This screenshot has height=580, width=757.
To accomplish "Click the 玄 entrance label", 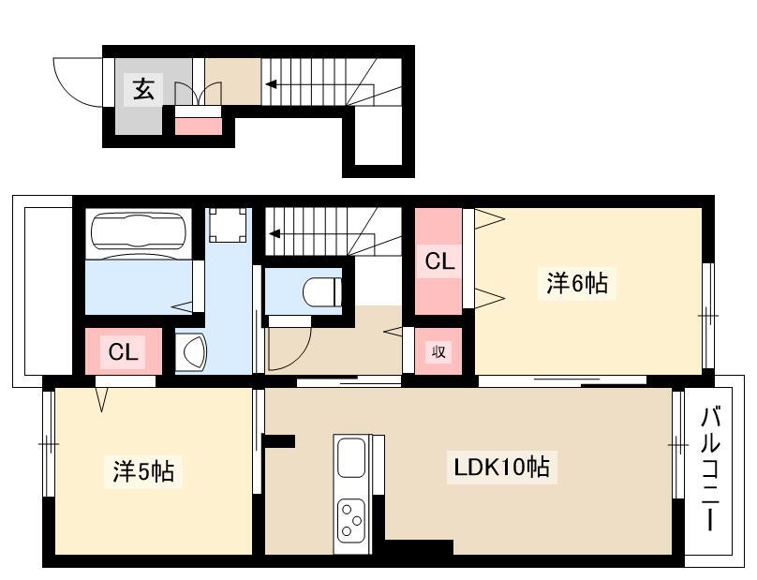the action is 143,89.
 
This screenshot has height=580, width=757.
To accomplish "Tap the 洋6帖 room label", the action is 577,283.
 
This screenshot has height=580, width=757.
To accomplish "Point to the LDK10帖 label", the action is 501,467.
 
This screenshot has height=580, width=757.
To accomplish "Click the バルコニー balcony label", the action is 710,468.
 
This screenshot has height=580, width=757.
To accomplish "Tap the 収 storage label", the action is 438,351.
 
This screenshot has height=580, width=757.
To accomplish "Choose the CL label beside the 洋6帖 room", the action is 439,261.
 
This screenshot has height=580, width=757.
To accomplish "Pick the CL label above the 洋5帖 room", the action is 123,351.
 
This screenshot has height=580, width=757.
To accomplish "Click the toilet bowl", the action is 322,291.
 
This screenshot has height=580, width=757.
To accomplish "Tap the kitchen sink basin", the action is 351,457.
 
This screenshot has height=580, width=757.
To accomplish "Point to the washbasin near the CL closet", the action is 191,351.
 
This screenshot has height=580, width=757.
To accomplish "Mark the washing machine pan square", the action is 229,226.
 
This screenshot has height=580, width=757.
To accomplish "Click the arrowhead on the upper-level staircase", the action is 275,234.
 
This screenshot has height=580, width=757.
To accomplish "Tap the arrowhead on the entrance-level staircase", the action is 272,84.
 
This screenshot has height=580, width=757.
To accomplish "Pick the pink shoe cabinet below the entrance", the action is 198,126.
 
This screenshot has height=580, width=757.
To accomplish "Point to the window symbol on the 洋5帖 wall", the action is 49,444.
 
